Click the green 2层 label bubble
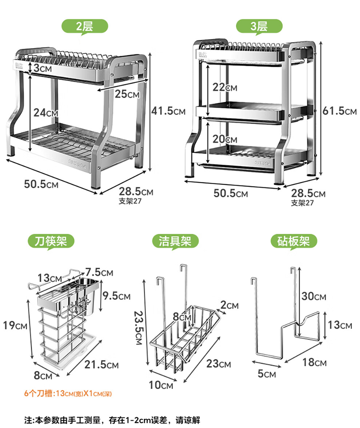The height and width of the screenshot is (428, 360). [x=85, y=27]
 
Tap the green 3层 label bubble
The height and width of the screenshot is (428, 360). [x=259, y=27]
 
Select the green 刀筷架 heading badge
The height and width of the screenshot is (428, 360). [x=51, y=242]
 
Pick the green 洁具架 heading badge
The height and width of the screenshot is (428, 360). [x=175, y=242]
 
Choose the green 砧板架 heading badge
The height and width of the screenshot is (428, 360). [x=293, y=242]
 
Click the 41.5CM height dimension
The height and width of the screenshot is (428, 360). [x=168, y=111]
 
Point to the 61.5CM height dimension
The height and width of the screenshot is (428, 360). [x=340, y=111]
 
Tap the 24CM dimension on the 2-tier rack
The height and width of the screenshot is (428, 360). [x=45, y=113]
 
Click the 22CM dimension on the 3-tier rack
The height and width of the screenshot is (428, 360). [x=225, y=87]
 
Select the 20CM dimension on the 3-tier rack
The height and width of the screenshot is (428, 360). [x=225, y=139]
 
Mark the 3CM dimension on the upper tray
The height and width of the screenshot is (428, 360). [x=42, y=68]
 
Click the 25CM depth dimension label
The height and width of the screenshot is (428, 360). [x=127, y=94]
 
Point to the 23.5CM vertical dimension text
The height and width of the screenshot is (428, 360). [x=139, y=328]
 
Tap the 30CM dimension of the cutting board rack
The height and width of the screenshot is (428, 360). [x=314, y=296]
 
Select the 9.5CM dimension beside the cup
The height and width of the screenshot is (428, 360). [x=117, y=296]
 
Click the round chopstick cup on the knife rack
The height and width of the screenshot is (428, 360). [x=86, y=296]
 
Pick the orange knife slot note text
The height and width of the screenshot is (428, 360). [x=68, y=393]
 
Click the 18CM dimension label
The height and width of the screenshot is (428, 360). [x=315, y=362]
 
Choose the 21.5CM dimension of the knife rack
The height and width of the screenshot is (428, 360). [x=101, y=364]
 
